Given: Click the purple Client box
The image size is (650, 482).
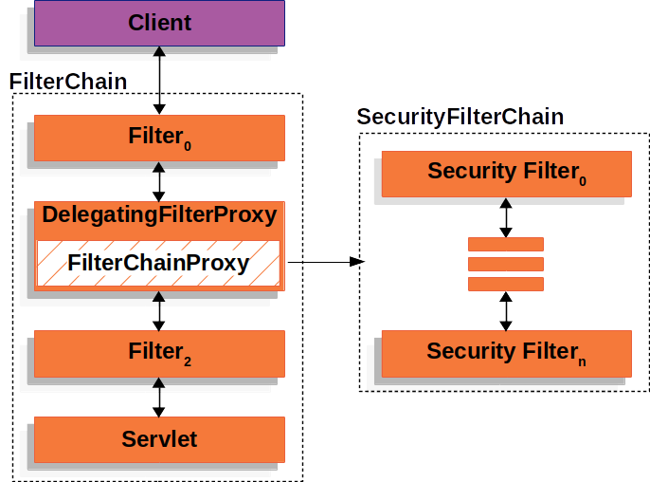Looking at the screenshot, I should point(158,23).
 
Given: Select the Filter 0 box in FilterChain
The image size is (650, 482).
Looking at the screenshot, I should point(158,138).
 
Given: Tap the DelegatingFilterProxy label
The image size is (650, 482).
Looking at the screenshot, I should point(158,215).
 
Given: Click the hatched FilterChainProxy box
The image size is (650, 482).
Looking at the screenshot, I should point(158,263).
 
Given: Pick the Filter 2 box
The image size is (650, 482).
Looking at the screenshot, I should point(158,353).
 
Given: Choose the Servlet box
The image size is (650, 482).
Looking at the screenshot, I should point(158,438).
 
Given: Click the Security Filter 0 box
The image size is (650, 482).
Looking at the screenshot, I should point(505,173).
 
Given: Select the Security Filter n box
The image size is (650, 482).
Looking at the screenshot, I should point(505,353).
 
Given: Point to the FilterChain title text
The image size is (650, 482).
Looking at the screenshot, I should point(67,82).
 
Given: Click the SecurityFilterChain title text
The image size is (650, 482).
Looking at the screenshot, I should point(460,117).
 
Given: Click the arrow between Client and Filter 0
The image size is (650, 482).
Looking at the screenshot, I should point(159,81).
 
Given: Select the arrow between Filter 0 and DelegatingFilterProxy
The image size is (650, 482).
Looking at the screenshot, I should point(159,180).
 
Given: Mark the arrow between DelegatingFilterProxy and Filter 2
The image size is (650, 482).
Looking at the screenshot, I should point(159,310).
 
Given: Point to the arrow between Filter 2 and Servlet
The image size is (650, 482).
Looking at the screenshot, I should point(159,397).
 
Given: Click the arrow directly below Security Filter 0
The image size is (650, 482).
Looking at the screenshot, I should point(506,217).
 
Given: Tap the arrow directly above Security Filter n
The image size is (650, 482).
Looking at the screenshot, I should point(506,310).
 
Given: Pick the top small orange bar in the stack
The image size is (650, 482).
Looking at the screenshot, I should point(506,244).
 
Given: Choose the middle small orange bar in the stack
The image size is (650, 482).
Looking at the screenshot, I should point(506,264).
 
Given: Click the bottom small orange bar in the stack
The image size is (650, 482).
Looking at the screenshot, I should point(506,284).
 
